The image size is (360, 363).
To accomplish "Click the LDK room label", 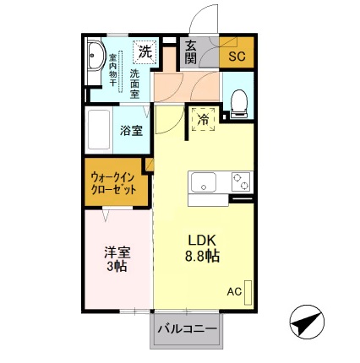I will click(x=202, y=238).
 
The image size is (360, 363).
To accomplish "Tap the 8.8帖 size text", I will click(x=202, y=255).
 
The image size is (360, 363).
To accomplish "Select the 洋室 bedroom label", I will click(x=117, y=251).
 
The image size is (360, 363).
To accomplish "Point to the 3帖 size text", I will click(x=117, y=267).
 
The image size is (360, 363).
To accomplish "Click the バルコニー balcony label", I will click(x=186, y=328).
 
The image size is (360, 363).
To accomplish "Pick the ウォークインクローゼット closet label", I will click(x=113, y=183).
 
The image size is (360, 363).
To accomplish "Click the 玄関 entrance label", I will click(x=190, y=51).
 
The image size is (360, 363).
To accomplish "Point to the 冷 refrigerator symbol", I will click(x=203, y=120).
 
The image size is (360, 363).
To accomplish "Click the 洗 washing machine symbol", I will click(x=145, y=51).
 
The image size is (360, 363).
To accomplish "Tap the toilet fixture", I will click(x=237, y=102).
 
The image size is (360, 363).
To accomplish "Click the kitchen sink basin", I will click(x=204, y=182).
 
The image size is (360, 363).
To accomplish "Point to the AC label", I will click(x=234, y=291).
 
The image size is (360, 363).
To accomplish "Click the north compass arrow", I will click(x=308, y=322).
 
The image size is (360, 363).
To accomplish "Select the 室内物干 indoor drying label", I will click(x=112, y=76).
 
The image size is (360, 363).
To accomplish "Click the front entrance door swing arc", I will click(x=201, y=19).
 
